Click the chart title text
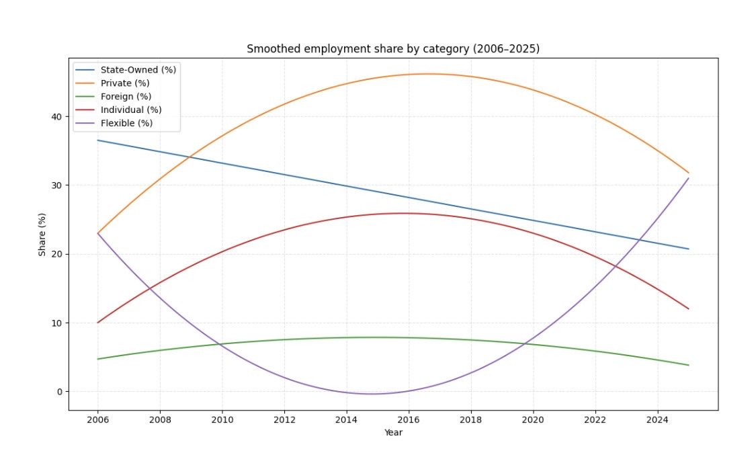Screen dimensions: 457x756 coord(393,49)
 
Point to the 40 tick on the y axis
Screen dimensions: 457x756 coord(56,116)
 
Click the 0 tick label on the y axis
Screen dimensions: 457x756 coord(59,392)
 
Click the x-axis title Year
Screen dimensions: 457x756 coord(393,433)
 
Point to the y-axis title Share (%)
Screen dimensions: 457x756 coord(42,234)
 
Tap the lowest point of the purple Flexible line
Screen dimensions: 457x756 coord(372,394)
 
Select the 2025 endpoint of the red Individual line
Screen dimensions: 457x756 coord(688,308)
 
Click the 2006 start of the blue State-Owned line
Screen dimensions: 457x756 coord(98,140)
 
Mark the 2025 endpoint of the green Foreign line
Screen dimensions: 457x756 coord(688,365)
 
